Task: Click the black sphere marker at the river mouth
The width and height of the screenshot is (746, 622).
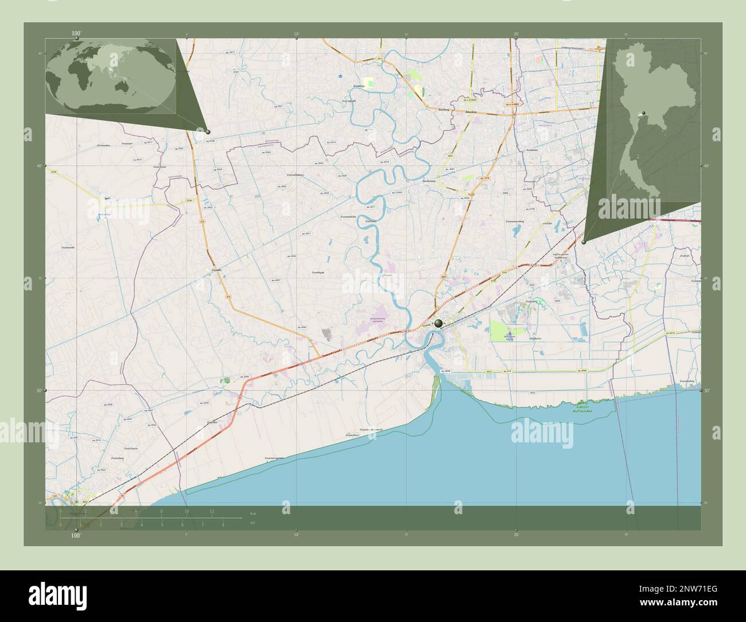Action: [x=439, y=324]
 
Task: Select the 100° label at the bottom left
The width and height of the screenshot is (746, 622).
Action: [x=76, y=535]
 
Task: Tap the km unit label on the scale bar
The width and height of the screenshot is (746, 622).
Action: [x=253, y=512]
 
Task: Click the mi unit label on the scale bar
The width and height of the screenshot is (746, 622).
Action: [x=253, y=523]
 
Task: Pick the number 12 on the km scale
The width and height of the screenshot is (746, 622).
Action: [x=212, y=511]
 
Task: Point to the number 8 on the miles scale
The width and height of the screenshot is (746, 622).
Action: [x=223, y=524]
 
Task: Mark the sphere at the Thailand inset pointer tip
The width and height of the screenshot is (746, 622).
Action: [x=584, y=242]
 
